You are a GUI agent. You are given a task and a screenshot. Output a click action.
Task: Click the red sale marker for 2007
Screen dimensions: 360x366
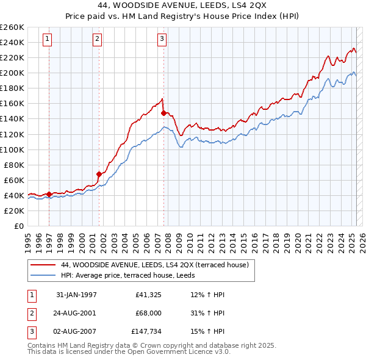pyautogui.click(x=163, y=113)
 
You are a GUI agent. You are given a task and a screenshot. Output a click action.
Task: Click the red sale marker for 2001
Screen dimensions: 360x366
pyautogui.click(x=99, y=174)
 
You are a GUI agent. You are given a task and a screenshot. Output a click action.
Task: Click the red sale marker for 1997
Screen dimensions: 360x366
pyautogui.click(x=49, y=194)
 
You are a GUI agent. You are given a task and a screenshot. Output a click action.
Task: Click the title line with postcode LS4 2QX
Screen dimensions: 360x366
pyautogui.click(x=182, y=7)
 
